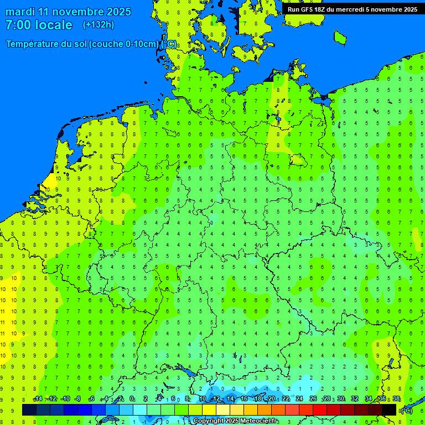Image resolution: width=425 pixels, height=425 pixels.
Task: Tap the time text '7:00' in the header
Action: tap(17, 25)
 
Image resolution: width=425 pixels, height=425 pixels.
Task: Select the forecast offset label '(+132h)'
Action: tap(99, 25)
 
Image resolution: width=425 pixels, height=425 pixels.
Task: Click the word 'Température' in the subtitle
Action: tap(33, 44)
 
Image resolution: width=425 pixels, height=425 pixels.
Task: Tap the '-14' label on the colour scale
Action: tap(38, 399)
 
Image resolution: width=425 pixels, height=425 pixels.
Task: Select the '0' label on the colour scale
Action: tap(132, 399)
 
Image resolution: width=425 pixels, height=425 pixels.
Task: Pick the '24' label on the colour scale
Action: tap(299, 399)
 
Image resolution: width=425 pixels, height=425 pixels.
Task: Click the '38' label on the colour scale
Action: tap(396, 399)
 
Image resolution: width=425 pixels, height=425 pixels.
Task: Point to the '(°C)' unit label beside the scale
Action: tap(406, 411)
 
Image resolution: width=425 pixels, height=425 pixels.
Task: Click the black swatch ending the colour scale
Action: tap(389, 410)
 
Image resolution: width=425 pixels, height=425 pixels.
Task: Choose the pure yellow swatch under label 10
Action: tap(209, 410)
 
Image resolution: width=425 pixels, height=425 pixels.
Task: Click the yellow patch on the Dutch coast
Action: tap(50, 183)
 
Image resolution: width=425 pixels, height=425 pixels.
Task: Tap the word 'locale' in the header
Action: tap(53, 25)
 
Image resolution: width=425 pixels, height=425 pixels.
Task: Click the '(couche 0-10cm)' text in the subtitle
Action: tap(123, 44)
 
